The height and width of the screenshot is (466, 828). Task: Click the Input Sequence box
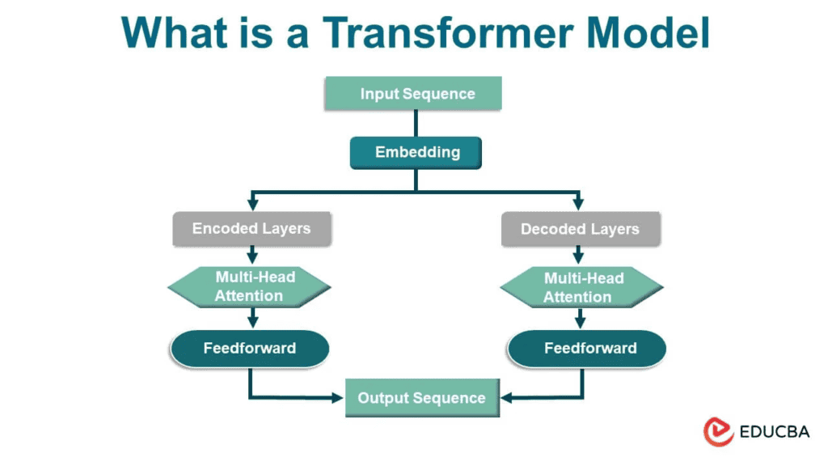[x=413, y=94]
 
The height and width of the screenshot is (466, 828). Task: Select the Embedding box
[x=416, y=152]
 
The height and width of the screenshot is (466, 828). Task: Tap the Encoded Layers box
[x=251, y=228]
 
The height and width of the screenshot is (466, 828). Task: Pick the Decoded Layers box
[x=580, y=229]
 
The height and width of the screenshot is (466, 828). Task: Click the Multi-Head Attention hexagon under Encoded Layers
[x=249, y=286]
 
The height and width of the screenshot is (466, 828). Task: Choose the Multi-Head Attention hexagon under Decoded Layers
[x=582, y=287]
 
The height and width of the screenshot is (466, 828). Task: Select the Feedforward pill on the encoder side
[x=249, y=349]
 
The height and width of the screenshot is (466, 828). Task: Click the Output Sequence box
[x=421, y=398]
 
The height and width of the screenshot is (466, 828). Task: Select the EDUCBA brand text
[x=774, y=432]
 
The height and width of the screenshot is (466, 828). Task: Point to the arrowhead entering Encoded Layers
[x=253, y=205]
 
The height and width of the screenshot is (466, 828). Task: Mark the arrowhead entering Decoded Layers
[x=577, y=205]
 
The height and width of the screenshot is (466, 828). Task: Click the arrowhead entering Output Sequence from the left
[x=338, y=397]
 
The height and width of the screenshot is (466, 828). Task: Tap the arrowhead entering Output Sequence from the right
[x=505, y=397]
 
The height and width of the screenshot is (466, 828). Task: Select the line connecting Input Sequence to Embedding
[x=416, y=123]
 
